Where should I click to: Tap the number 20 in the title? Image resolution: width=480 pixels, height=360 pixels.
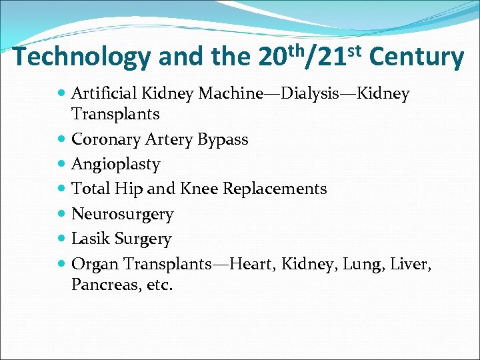[x=273, y=59]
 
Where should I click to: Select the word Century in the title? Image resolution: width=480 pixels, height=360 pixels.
[x=416, y=57]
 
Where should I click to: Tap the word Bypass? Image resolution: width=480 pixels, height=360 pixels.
[x=223, y=140]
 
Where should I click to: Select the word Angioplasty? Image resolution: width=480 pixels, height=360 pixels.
[x=115, y=165]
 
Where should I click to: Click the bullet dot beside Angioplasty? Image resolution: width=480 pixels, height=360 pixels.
[x=62, y=164]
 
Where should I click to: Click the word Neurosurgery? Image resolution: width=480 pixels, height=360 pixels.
[x=122, y=214]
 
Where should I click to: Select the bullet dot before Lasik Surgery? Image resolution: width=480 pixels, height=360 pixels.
[x=62, y=239]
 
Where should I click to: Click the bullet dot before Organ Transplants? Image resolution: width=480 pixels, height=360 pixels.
[x=62, y=264]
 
